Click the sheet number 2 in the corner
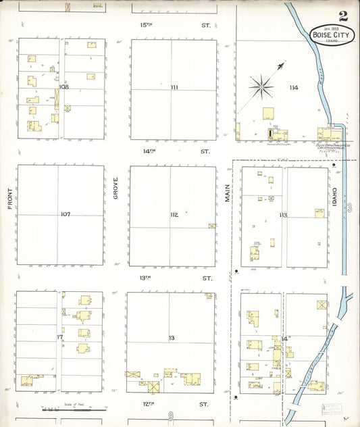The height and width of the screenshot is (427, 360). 344,16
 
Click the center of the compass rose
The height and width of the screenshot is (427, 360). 260,86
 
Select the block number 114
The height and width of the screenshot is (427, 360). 292,88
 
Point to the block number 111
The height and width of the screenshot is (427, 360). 174,88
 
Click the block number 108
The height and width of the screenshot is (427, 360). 64,87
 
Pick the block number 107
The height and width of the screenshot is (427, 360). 65,214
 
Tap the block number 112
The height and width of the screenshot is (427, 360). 174,214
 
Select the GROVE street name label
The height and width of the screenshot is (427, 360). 116,189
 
